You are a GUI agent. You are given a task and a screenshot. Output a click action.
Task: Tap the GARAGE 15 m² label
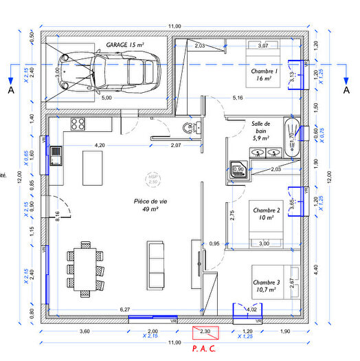tap(124, 45)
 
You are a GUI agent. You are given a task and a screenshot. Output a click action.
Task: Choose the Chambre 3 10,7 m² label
tap(266, 286)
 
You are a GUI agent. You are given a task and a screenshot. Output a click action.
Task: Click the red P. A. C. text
tap(205, 349)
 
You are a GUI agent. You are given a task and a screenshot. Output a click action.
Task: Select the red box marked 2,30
tap(205, 332)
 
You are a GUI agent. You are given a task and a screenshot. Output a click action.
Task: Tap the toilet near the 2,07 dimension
tap(188, 129)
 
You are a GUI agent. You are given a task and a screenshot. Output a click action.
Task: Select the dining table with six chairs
tap(86, 265)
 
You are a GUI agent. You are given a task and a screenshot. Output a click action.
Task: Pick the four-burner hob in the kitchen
tap(78, 124)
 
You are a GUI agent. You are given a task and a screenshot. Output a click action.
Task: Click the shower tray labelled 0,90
tap(238, 169)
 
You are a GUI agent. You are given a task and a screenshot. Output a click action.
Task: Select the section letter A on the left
tap(10, 90)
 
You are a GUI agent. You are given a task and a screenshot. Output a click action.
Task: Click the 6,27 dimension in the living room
tap(125, 310)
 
